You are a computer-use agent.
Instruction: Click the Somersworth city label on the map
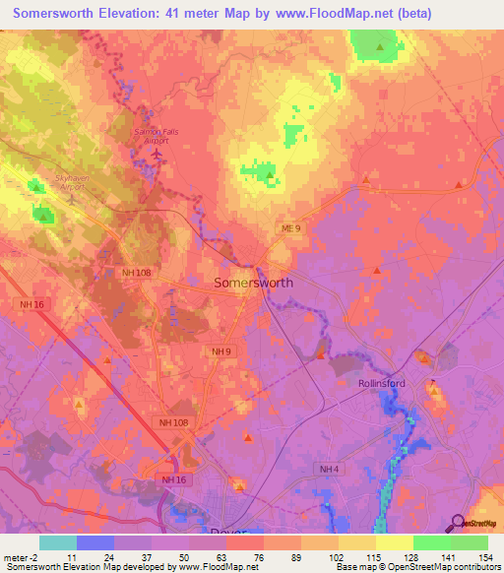253,282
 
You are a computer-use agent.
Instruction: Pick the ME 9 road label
288,228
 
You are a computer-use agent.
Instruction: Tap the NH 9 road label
220,350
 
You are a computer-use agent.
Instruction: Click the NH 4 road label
329,469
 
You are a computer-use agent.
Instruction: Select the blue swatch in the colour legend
95,541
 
